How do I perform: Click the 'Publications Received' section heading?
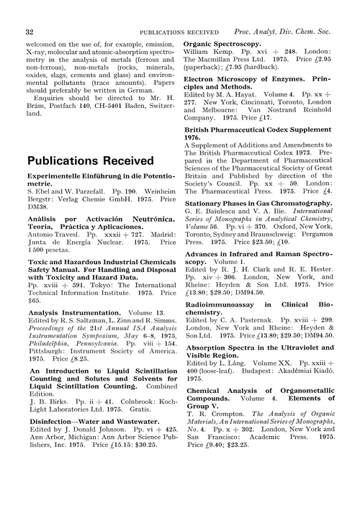tap(91, 160)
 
